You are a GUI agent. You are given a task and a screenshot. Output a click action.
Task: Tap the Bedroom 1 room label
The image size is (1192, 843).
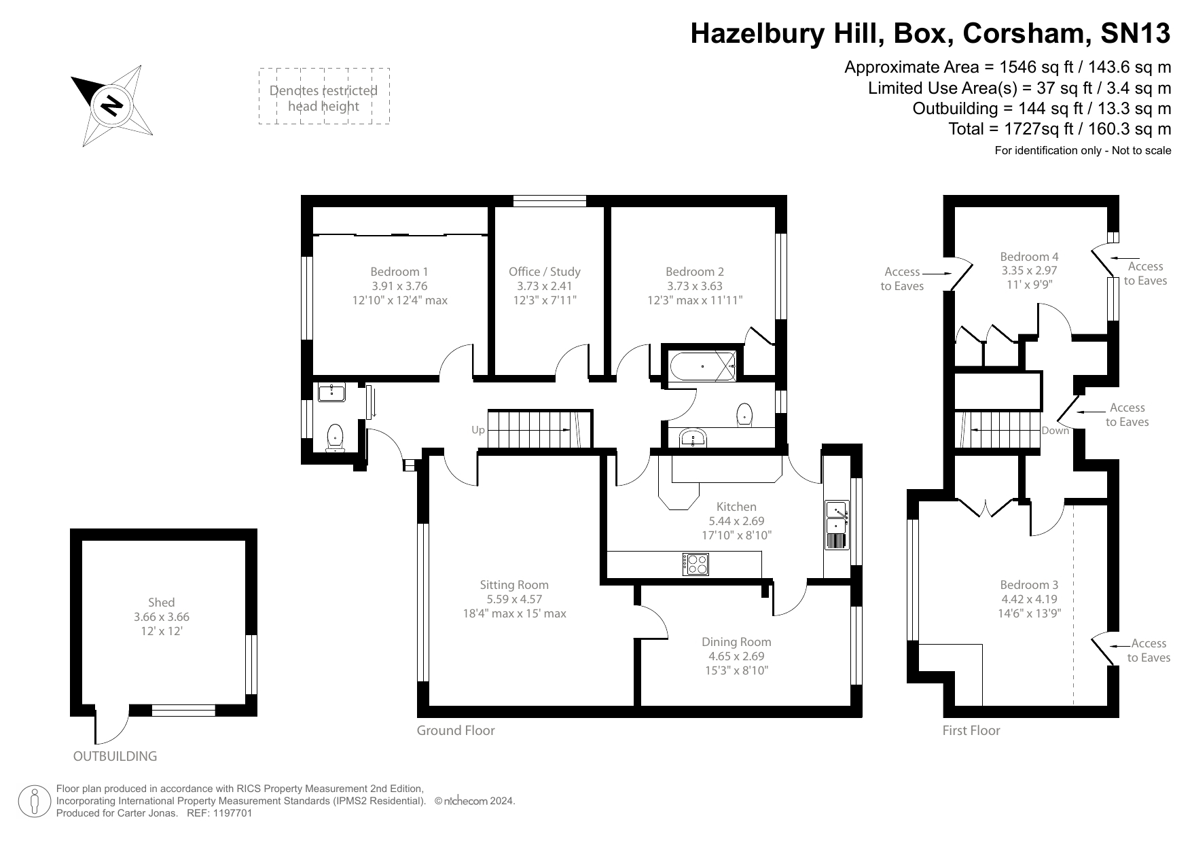[399, 272]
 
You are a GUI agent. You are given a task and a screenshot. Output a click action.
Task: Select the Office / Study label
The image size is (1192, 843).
[544, 272]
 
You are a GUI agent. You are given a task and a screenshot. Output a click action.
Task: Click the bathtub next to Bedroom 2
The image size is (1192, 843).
[702, 366]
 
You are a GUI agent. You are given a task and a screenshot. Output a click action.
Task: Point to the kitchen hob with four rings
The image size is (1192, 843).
[696, 564]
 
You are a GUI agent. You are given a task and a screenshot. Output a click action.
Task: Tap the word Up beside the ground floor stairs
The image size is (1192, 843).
[478, 430]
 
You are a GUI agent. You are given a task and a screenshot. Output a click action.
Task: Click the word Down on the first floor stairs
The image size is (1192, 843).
[1055, 431]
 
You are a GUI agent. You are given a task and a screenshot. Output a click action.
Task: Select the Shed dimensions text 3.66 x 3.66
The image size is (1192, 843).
[162, 617]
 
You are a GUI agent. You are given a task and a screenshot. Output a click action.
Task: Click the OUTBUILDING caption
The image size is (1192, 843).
[115, 756]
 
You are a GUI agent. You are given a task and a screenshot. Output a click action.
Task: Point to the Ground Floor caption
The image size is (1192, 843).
[456, 730]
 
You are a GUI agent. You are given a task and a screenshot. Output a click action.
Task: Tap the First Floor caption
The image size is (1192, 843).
[971, 730]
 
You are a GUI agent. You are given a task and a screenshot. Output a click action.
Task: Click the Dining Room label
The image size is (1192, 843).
[736, 641]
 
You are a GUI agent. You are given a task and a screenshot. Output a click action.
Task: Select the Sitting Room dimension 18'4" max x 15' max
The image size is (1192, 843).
[513, 613]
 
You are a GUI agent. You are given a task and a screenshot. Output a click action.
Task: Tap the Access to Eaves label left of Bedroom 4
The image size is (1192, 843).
[902, 279]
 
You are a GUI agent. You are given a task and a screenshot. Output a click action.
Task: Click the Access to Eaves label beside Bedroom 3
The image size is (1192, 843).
[1149, 650]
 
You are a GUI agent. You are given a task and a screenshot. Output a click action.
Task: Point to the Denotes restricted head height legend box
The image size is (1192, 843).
[324, 96]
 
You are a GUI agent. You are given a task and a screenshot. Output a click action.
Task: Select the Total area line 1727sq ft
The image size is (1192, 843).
[1060, 129]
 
